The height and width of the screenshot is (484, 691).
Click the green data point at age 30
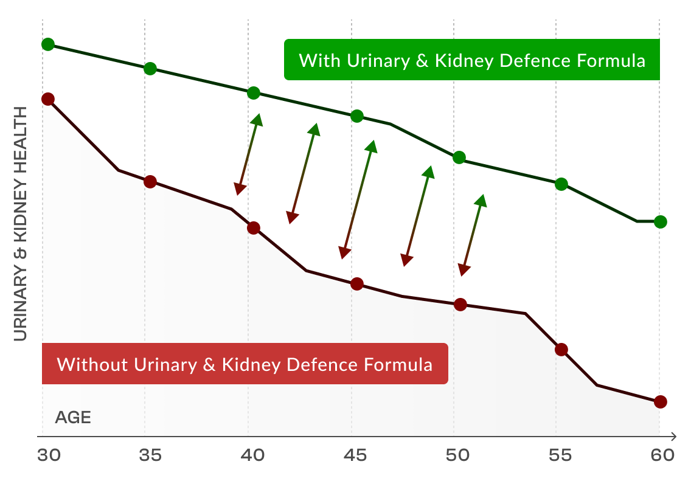pyautogui.click(x=48, y=44)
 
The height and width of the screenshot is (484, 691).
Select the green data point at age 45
pyautogui.click(x=357, y=116)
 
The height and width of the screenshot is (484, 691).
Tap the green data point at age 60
pyautogui.click(x=661, y=222)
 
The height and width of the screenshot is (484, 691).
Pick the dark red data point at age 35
pyautogui.click(x=150, y=182)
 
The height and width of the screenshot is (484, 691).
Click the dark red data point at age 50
pyautogui.click(x=460, y=305)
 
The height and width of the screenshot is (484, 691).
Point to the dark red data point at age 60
pyautogui.click(x=661, y=402)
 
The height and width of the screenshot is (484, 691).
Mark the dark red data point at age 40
pyautogui.click(x=254, y=228)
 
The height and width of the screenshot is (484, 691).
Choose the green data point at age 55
pyautogui.click(x=561, y=184)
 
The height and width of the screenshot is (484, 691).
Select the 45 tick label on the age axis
pyautogui.click(x=356, y=455)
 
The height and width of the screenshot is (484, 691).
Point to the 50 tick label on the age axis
pyautogui.click(x=459, y=455)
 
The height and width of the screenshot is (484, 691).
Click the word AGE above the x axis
pyautogui.click(x=73, y=418)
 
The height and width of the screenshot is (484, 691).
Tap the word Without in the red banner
pyautogui.click(x=92, y=365)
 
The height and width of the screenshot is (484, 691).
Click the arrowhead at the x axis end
pyautogui.click(x=673, y=436)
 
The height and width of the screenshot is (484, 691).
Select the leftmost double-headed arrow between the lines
pyautogui.click(x=249, y=154)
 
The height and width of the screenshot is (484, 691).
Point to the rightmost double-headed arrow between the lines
pyautogui.click(x=473, y=235)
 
